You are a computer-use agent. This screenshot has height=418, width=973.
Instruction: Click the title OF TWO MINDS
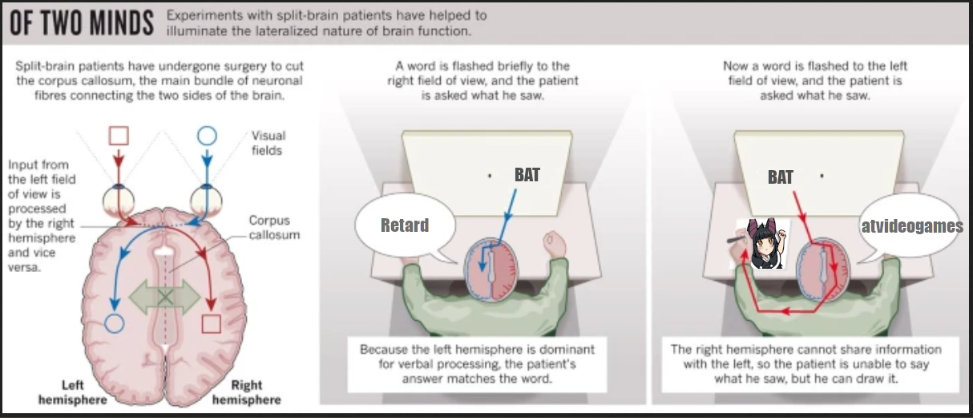[x=82, y=23]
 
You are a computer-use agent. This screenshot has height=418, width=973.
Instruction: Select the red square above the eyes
[x=119, y=136]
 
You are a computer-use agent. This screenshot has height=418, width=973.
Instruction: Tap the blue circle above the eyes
[x=207, y=136]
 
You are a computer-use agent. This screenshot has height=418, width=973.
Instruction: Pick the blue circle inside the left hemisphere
[x=115, y=323]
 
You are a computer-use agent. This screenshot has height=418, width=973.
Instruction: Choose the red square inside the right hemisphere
[x=211, y=324]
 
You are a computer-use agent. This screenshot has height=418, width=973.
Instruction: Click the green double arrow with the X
[x=164, y=298]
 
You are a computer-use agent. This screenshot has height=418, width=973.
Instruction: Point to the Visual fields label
[x=268, y=143]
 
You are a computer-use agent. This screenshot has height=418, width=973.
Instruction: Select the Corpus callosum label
[x=274, y=228]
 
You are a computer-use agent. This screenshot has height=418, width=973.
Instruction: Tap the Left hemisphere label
[x=73, y=392]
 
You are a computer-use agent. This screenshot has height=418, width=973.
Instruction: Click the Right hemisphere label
[x=246, y=392]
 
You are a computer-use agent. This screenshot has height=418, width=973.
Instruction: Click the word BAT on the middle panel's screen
[x=527, y=175]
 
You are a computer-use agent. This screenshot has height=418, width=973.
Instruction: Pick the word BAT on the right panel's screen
[x=780, y=177]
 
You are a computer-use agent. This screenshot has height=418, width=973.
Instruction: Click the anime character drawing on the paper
[x=765, y=244]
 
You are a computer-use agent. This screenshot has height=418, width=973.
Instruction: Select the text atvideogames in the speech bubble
[x=912, y=225]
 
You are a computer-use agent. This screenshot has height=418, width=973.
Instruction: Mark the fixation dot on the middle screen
[x=490, y=176]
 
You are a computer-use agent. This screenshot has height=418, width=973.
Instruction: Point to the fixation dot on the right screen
[x=822, y=176]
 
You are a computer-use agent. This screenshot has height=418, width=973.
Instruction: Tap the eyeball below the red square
[x=119, y=201]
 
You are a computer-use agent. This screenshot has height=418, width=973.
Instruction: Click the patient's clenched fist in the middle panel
[x=555, y=246]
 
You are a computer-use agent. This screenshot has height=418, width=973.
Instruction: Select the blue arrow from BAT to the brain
[x=498, y=230]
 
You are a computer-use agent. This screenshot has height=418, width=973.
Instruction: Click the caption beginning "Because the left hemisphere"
[x=477, y=364]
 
